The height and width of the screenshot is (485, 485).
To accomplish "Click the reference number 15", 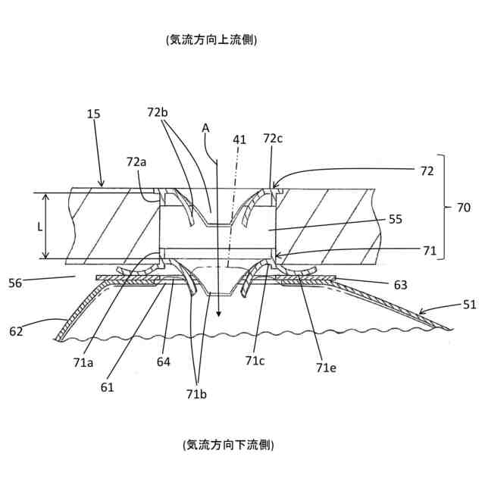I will click(94, 114).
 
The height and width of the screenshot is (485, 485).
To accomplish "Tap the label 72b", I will click(158, 112).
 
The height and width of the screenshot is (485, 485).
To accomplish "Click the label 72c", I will click(274, 139).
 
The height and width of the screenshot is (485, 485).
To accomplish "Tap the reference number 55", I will click(394, 219).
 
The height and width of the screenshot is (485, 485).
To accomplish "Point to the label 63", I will click(401, 285).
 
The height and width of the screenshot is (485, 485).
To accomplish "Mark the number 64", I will click(164, 361).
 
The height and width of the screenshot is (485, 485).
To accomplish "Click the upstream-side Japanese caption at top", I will click(211, 39).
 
